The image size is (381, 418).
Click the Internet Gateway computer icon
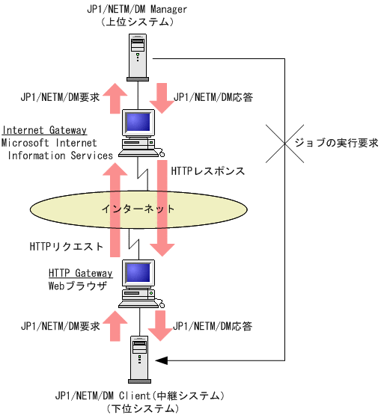pos(140,130)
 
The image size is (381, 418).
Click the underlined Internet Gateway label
pos(44,129)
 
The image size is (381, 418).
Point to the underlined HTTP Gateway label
pos(80,273)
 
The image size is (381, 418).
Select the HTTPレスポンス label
pos(208,170)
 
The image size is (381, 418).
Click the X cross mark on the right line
pos(285,141)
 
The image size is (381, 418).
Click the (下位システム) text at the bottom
pos(141,408)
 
